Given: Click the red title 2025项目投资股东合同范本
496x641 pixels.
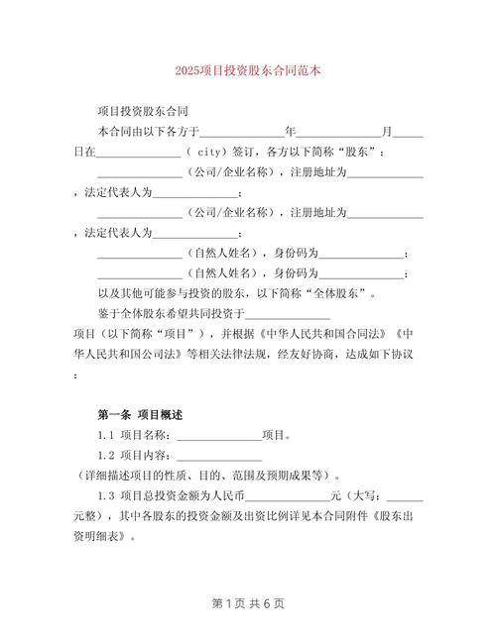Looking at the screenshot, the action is (247, 71).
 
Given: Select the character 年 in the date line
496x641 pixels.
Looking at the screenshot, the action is (290, 131).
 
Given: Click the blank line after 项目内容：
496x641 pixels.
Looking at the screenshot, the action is (219, 455).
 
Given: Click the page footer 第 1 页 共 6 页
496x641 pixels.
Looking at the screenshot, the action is (247, 602).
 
